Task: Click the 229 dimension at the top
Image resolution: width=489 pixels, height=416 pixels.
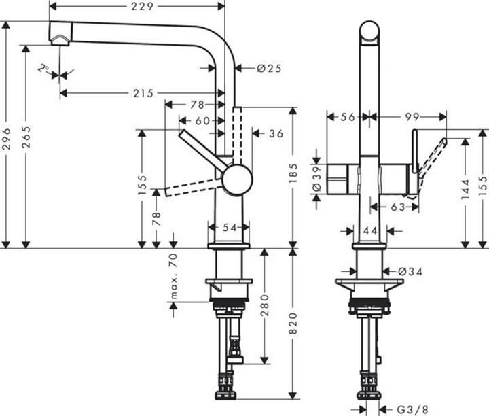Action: [139, 6]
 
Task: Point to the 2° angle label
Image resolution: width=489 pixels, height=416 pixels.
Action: [44, 69]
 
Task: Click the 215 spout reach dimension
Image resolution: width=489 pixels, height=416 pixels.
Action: [143, 93]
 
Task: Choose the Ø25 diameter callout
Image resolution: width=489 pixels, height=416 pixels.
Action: [270, 68]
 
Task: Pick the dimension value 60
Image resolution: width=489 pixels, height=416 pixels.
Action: [202, 120]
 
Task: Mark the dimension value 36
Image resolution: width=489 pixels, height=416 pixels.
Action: [276, 134]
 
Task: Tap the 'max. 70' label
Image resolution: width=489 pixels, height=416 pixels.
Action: [173, 275]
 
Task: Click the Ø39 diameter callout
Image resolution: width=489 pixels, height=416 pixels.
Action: [316, 180]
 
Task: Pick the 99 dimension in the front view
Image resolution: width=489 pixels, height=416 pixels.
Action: [411, 117]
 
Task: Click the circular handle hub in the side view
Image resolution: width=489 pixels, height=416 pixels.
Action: [237, 180]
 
